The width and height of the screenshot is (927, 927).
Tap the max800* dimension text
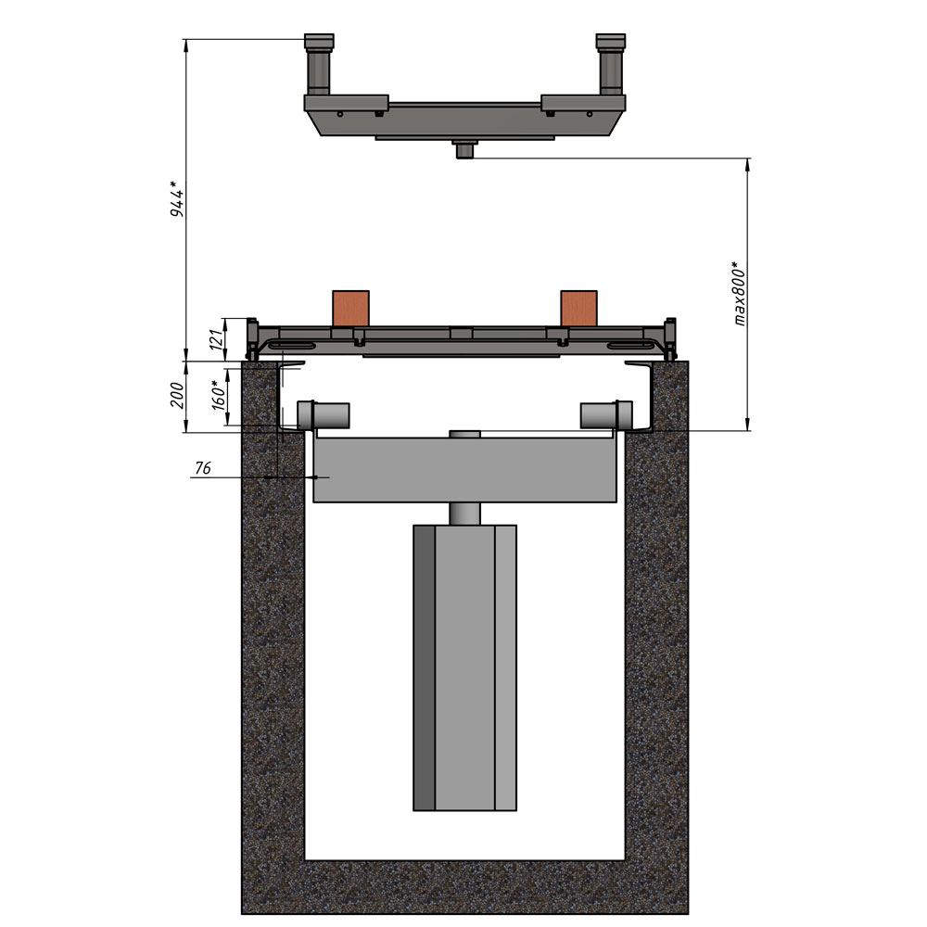click(x=739, y=293)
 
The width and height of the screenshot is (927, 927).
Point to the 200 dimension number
click(x=177, y=395)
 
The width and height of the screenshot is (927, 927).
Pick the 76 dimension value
click(x=203, y=468)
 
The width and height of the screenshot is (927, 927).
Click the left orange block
click(x=350, y=308)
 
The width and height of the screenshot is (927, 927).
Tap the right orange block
click(x=578, y=308)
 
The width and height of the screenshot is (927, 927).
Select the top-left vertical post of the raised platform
click(x=319, y=65)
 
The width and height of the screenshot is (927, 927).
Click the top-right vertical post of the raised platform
click(x=611, y=65)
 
